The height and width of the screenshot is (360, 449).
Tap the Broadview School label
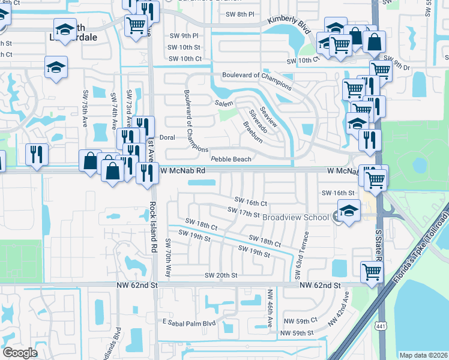point(297,217)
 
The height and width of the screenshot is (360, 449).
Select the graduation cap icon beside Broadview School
point(348,211)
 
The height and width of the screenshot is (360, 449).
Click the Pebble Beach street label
point(231,159)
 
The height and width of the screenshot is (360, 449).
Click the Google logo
point(20,352)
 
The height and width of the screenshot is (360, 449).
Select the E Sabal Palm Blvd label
point(189,322)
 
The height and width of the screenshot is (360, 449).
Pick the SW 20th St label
point(221,275)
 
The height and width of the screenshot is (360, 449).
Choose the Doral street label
point(167,137)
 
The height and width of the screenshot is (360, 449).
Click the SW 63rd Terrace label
point(302,255)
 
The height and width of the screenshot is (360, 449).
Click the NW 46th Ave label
point(270,308)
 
